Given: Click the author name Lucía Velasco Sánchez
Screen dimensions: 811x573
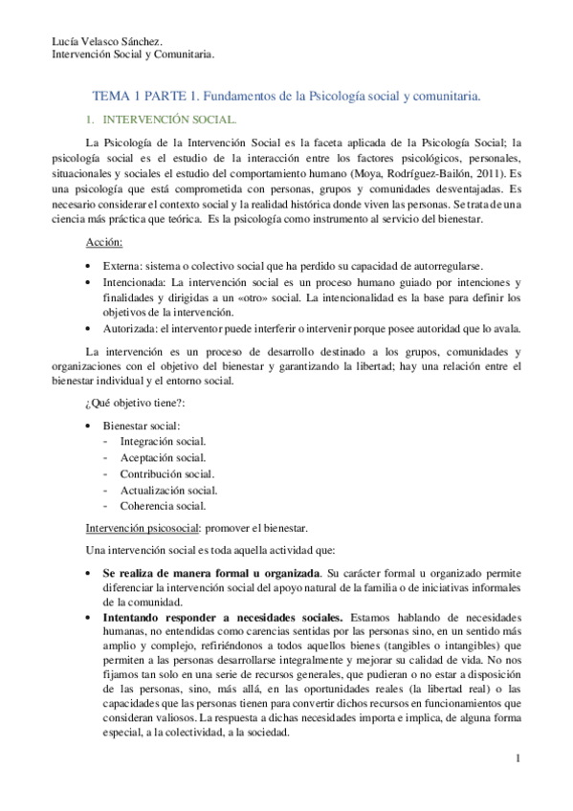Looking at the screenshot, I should tap(106, 40).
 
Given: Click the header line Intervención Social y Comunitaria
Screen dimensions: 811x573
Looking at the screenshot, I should tap(132, 55).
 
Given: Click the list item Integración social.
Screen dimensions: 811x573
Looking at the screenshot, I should tap(163, 441).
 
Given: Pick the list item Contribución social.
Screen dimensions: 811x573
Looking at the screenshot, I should tap(166, 473).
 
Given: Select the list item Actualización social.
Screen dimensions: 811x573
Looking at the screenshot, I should tap(168, 490).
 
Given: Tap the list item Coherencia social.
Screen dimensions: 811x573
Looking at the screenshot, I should tap(163, 506).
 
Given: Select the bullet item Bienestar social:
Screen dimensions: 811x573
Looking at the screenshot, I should tap(142, 425).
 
